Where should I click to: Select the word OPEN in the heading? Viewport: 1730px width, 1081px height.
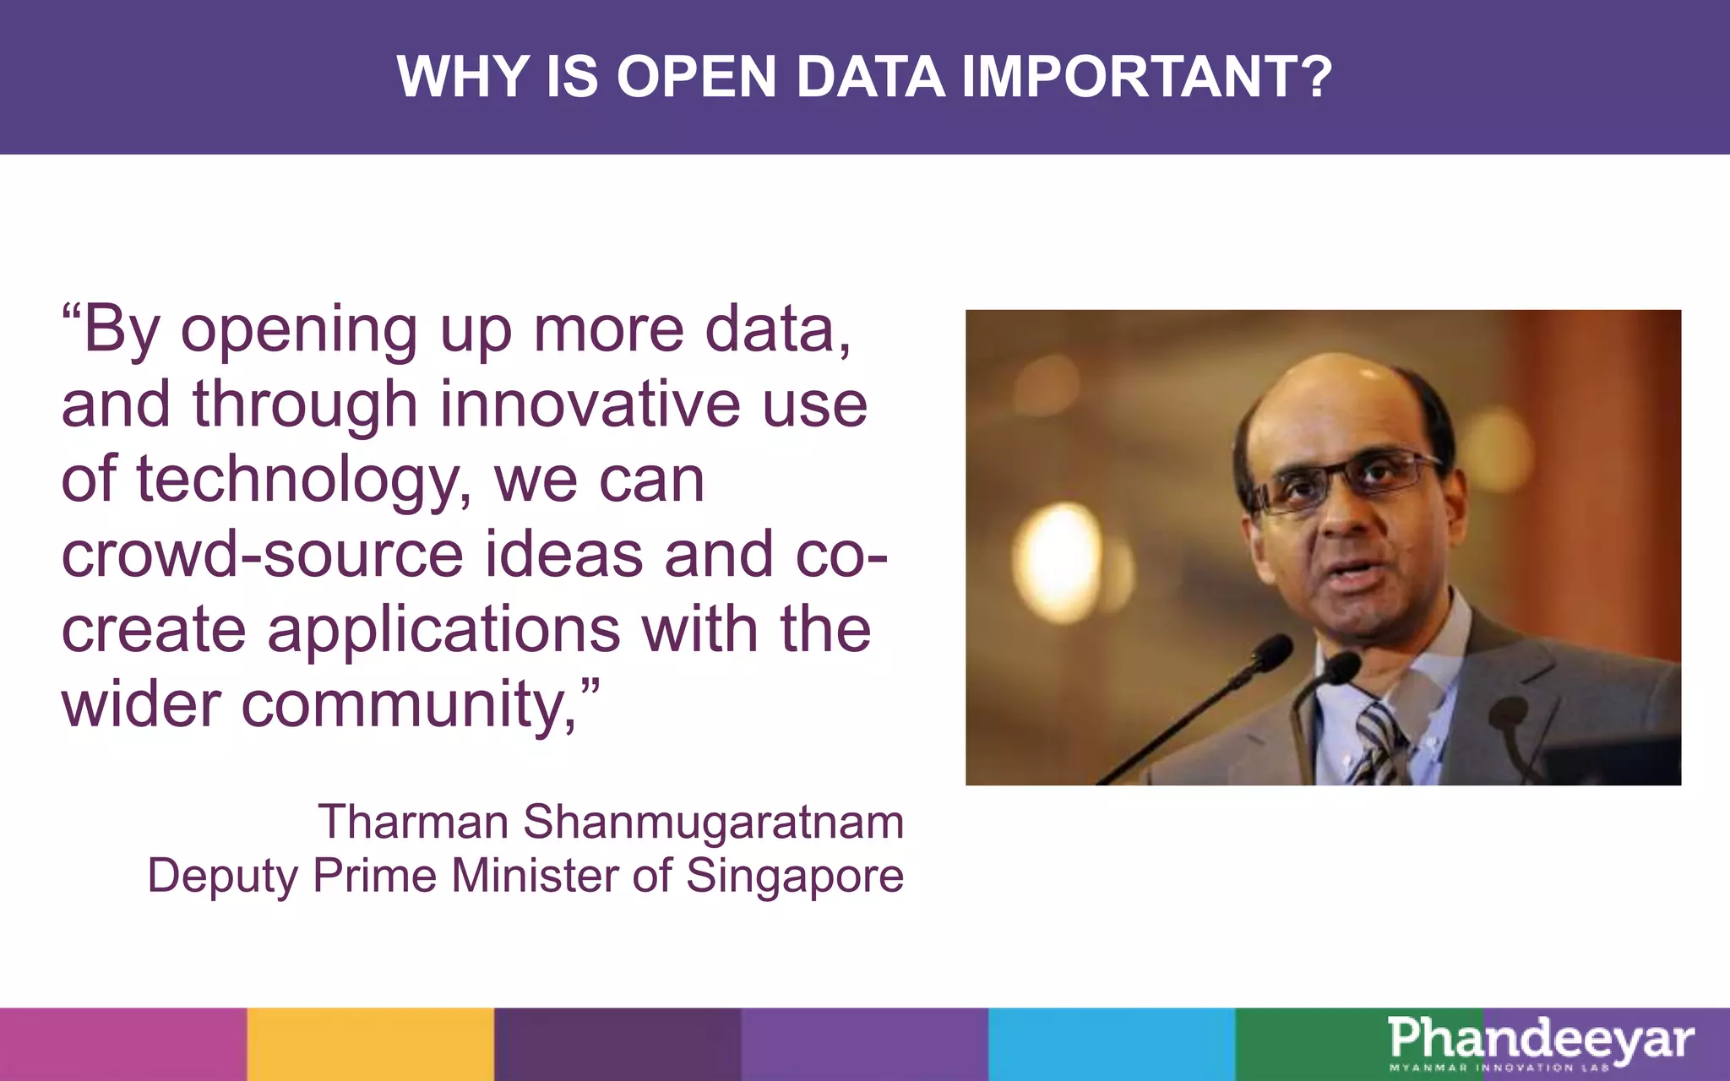click(x=696, y=77)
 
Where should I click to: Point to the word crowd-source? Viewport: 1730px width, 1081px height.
click(x=262, y=554)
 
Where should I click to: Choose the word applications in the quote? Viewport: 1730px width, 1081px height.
click(x=444, y=629)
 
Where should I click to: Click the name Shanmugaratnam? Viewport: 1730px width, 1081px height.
click(x=713, y=821)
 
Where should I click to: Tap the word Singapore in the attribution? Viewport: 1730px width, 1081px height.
click(x=794, y=875)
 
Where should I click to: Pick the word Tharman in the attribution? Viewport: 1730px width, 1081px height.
click(x=412, y=821)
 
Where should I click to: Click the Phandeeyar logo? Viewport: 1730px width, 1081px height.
click(x=1540, y=1042)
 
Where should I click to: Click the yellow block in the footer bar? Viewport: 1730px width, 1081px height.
click(x=370, y=1044)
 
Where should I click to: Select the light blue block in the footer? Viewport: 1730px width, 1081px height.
click(x=1111, y=1044)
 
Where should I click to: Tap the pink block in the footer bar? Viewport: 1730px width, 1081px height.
click(x=123, y=1044)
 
